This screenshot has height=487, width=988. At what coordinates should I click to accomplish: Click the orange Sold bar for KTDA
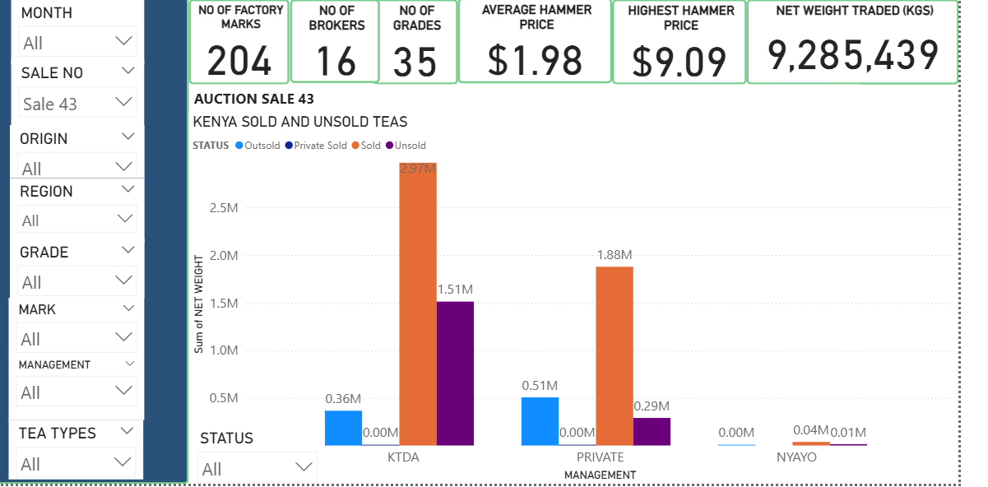click(x=418, y=304)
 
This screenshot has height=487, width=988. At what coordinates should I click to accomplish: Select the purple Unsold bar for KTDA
click(x=455, y=373)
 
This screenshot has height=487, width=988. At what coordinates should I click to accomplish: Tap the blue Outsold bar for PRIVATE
click(x=540, y=421)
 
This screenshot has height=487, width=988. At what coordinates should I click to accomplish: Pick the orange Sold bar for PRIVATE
click(x=615, y=355)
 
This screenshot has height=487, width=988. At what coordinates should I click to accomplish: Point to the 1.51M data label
click(x=455, y=290)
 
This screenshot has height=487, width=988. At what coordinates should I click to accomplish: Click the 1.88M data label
click(x=615, y=254)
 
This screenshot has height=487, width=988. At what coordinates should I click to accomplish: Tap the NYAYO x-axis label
click(x=796, y=457)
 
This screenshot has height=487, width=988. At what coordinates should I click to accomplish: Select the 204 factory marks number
click(x=239, y=60)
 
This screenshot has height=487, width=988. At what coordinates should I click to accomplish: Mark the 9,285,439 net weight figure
click(x=853, y=55)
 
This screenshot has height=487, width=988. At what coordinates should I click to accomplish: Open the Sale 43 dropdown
click(x=77, y=104)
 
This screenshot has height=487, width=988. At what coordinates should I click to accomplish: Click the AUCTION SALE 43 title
click(x=253, y=100)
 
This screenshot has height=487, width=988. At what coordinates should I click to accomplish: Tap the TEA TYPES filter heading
click(x=58, y=433)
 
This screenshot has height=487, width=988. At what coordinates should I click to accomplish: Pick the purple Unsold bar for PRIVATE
click(x=652, y=431)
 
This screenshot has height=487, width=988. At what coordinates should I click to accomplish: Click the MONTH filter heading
click(x=46, y=13)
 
